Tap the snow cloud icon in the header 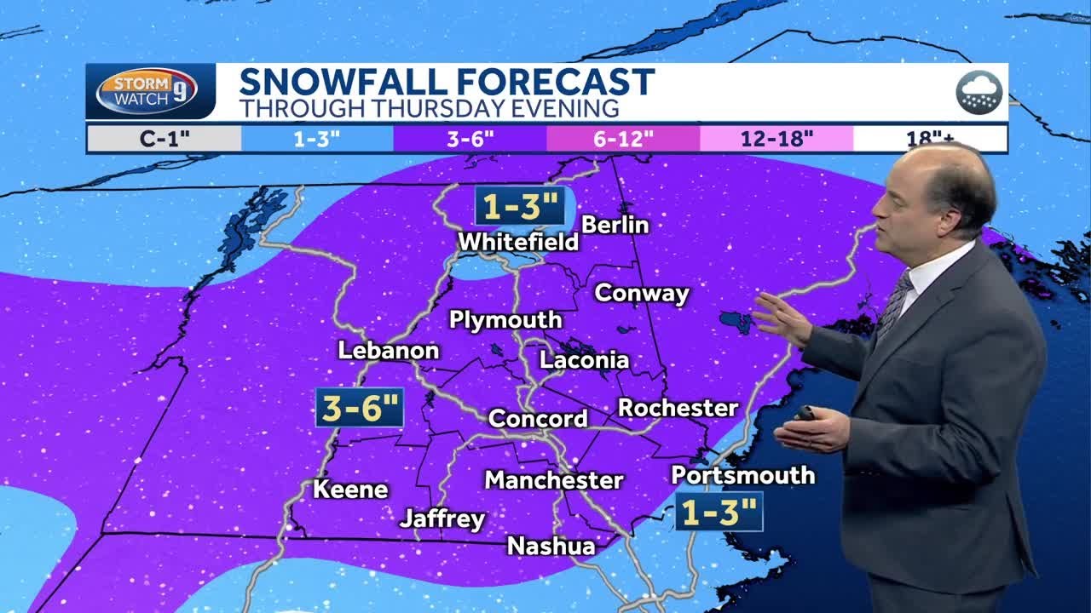point(979,92)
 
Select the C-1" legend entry point(164,139)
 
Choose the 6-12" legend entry point(623,139)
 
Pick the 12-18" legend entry point(776,139)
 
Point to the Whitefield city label point(518,242)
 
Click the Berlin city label point(615,225)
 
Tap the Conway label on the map point(642,294)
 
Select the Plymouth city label point(505,320)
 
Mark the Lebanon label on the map point(389,351)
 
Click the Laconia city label point(585,360)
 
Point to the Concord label point(538,419)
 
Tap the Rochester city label point(678,408)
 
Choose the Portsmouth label point(743,475)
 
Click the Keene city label point(350,490)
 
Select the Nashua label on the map point(551,546)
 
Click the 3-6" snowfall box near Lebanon point(359,409)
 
